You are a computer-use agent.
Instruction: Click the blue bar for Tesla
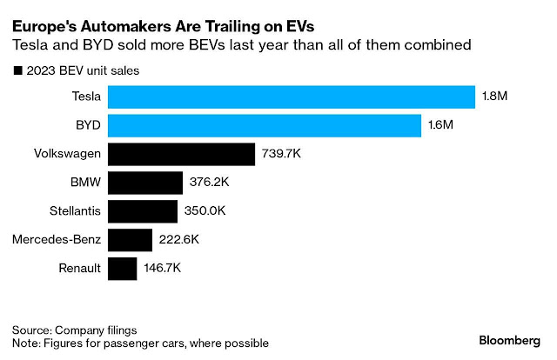[x=292, y=97]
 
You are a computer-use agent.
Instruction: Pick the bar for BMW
[x=145, y=183]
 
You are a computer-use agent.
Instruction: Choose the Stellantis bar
[x=143, y=211]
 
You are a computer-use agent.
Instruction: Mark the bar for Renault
[x=123, y=268]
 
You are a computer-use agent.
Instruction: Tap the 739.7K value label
[x=283, y=155]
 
